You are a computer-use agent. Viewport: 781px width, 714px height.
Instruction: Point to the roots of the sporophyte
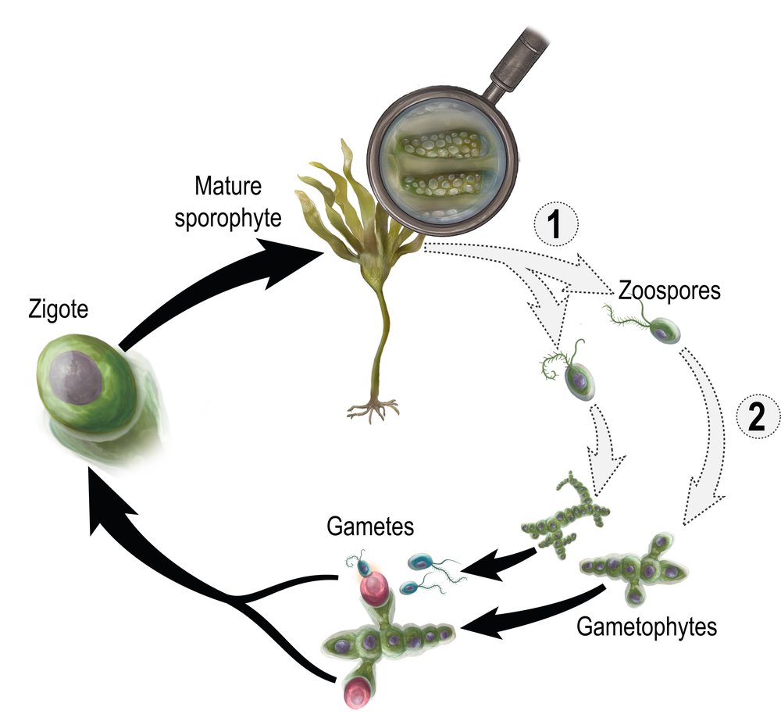pos(373,406)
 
